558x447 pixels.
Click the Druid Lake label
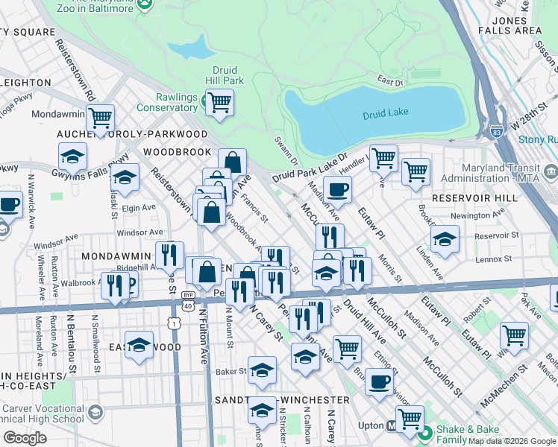tap(386, 115)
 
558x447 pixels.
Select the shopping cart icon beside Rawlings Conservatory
tap(219, 102)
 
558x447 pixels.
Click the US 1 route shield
tap(174, 323)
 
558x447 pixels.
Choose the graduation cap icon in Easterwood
tap(139, 345)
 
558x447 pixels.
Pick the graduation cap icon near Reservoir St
tap(445, 239)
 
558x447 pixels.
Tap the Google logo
tap(25, 438)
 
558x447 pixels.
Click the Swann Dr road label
tap(285, 150)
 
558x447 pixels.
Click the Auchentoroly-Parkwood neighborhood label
tap(132, 133)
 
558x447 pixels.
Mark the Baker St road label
tap(231, 370)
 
